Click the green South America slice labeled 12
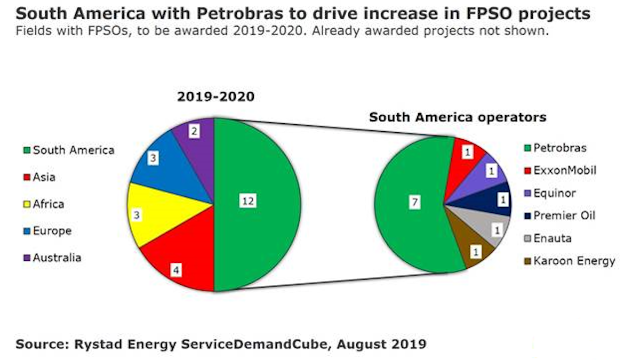coord(256,203)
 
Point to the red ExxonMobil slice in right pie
coord(468,154)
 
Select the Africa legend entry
coord(48,204)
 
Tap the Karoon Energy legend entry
coord(567,261)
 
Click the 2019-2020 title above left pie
coord(208,97)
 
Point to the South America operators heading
coord(458,117)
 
